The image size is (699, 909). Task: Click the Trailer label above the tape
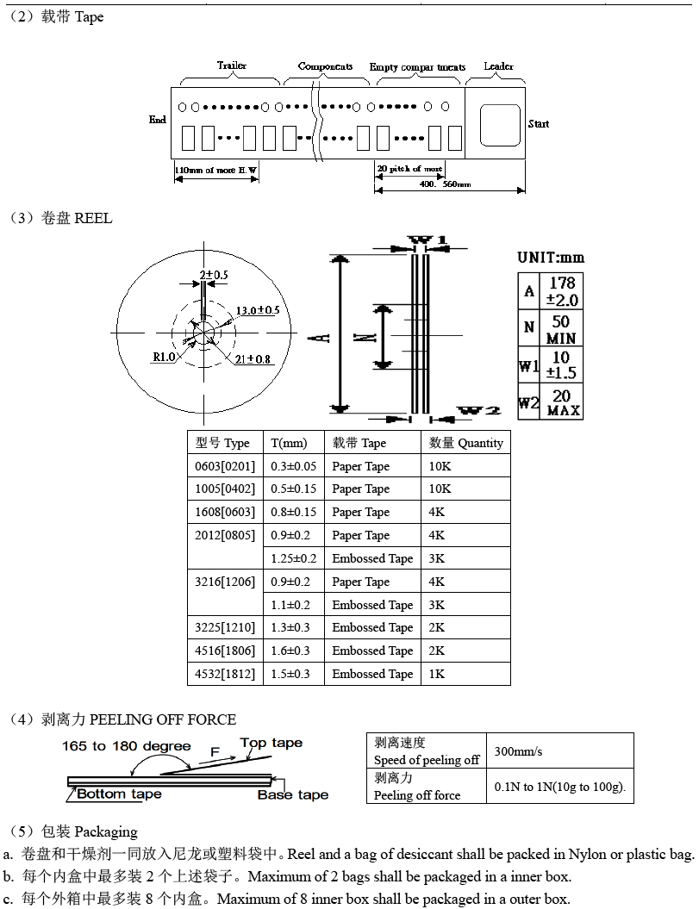click(x=231, y=65)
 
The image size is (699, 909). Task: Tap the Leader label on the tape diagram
click(x=498, y=66)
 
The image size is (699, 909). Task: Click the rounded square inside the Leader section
click(x=500, y=125)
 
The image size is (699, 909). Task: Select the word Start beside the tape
click(x=538, y=124)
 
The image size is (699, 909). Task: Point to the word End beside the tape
click(x=158, y=120)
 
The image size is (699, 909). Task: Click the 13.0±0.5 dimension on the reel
click(x=258, y=310)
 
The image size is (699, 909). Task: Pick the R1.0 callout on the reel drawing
click(x=164, y=357)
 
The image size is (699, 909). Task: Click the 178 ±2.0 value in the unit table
click(x=561, y=291)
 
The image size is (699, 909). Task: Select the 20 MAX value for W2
click(x=562, y=402)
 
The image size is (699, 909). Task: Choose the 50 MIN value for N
click(x=561, y=329)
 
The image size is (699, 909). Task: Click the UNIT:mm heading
click(x=550, y=257)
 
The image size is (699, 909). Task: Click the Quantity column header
click(x=465, y=443)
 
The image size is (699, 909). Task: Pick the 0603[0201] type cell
click(x=225, y=466)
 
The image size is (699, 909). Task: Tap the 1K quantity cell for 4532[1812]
click(x=437, y=674)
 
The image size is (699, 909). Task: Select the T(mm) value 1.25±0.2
click(x=293, y=558)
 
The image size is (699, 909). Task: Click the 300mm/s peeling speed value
click(x=518, y=751)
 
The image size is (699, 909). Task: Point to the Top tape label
click(x=271, y=743)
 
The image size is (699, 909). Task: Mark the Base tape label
click(x=292, y=794)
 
